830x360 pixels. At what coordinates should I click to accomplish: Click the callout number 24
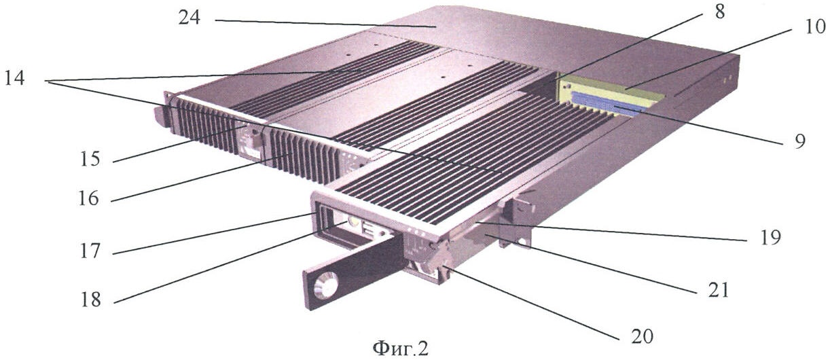tap(190, 18)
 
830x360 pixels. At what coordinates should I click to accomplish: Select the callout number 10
tap(815, 27)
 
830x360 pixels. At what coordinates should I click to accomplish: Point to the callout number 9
tap(799, 141)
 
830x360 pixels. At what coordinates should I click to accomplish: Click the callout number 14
tap(14, 78)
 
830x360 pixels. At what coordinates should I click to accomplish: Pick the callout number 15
tap(90, 159)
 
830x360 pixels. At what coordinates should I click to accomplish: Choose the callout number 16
tap(88, 198)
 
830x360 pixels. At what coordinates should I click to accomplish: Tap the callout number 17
tap(90, 251)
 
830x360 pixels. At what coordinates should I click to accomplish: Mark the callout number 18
tap(91, 300)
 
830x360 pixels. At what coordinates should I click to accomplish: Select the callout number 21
tap(718, 290)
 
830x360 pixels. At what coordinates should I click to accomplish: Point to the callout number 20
tap(642, 336)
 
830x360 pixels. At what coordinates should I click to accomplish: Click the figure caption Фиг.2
tap(400, 348)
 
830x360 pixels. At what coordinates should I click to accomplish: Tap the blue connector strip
tap(608, 105)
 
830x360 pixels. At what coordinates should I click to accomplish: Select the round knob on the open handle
tap(326, 285)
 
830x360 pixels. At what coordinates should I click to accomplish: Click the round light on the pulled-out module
tap(353, 222)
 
